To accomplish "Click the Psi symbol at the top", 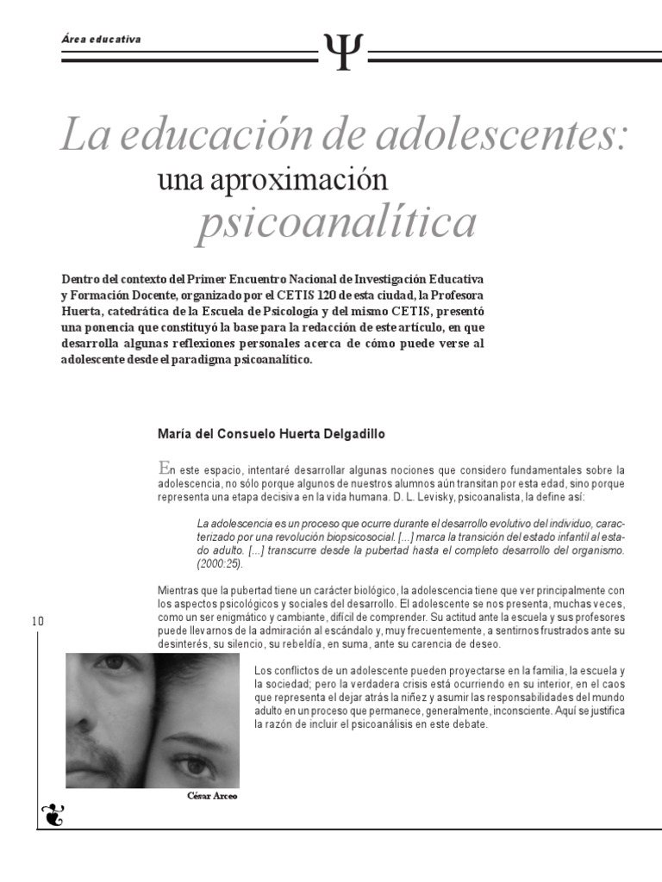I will pos(343,51).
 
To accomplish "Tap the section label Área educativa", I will pos(102,40).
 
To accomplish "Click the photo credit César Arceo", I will pos(212,796).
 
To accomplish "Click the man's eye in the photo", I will pos(115,664).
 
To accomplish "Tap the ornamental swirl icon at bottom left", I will pos(53,812).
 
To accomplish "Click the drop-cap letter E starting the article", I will pos(164,469).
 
